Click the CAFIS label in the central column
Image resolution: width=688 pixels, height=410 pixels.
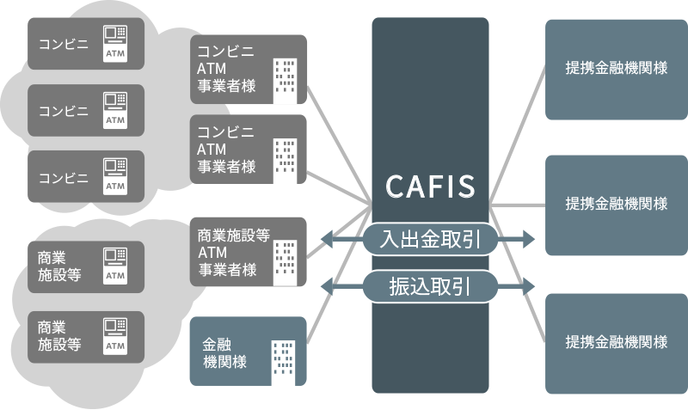(430, 186)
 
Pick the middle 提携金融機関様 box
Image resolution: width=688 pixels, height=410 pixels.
(617, 204)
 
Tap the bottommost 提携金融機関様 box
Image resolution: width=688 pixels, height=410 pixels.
(617, 341)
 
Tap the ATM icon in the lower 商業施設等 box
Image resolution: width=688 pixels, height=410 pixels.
(114, 335)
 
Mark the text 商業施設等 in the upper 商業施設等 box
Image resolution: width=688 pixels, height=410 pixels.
(58, 266)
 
